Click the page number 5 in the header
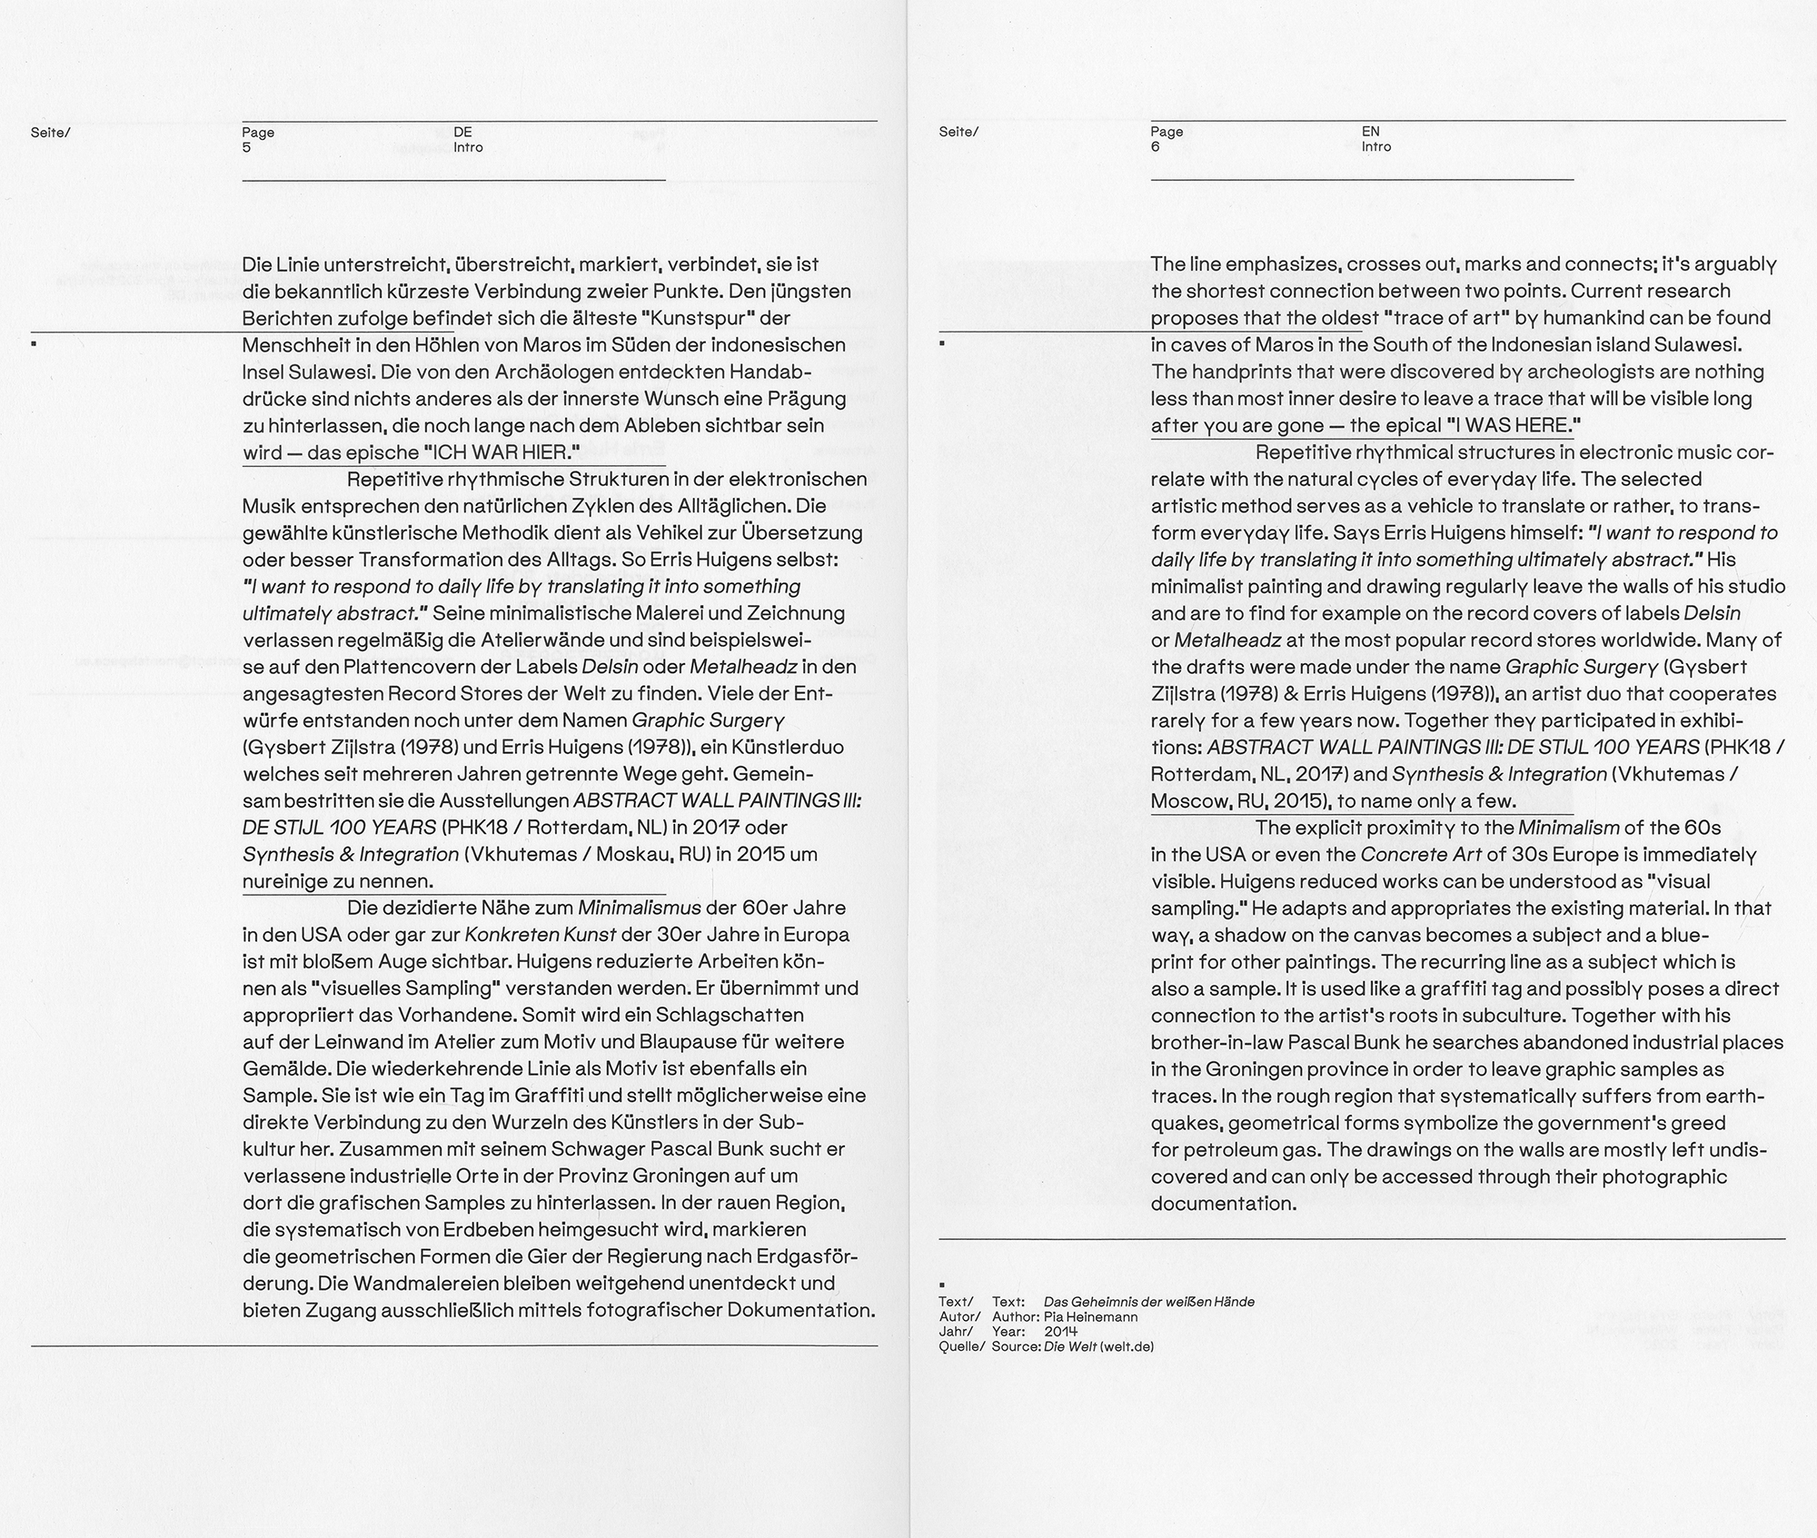tap(246, 147)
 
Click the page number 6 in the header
tap(1155, 146)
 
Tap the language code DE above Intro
tap(462, 132)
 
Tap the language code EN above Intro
tap(1370, 131)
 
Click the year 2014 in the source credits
tap(1060, 1331)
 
